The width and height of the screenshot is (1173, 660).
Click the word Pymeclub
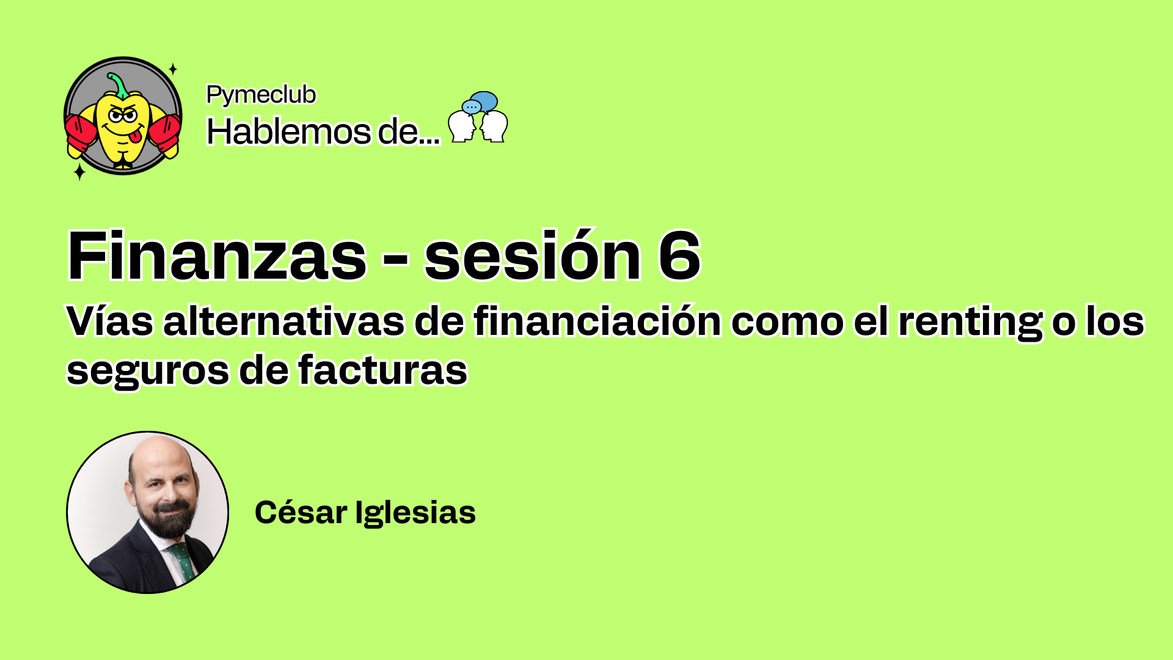[261, 95]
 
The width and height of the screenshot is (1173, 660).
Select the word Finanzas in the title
[217, 255]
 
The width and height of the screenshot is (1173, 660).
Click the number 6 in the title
[679, 255]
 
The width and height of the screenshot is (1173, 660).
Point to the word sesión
[533, 255]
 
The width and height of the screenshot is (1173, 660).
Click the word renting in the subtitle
[970, 322]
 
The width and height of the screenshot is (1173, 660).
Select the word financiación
[597, 321]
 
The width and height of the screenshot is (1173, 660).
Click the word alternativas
[283, 321]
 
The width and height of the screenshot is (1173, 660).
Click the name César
[301, 512]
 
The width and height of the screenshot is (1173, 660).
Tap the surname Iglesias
[415, 513]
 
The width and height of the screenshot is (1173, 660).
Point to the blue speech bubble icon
[483, 101]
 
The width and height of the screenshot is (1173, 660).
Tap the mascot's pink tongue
[137, 134]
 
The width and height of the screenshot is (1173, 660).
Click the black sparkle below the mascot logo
[79, 172]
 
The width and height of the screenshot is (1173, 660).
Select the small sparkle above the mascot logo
[173, 69]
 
